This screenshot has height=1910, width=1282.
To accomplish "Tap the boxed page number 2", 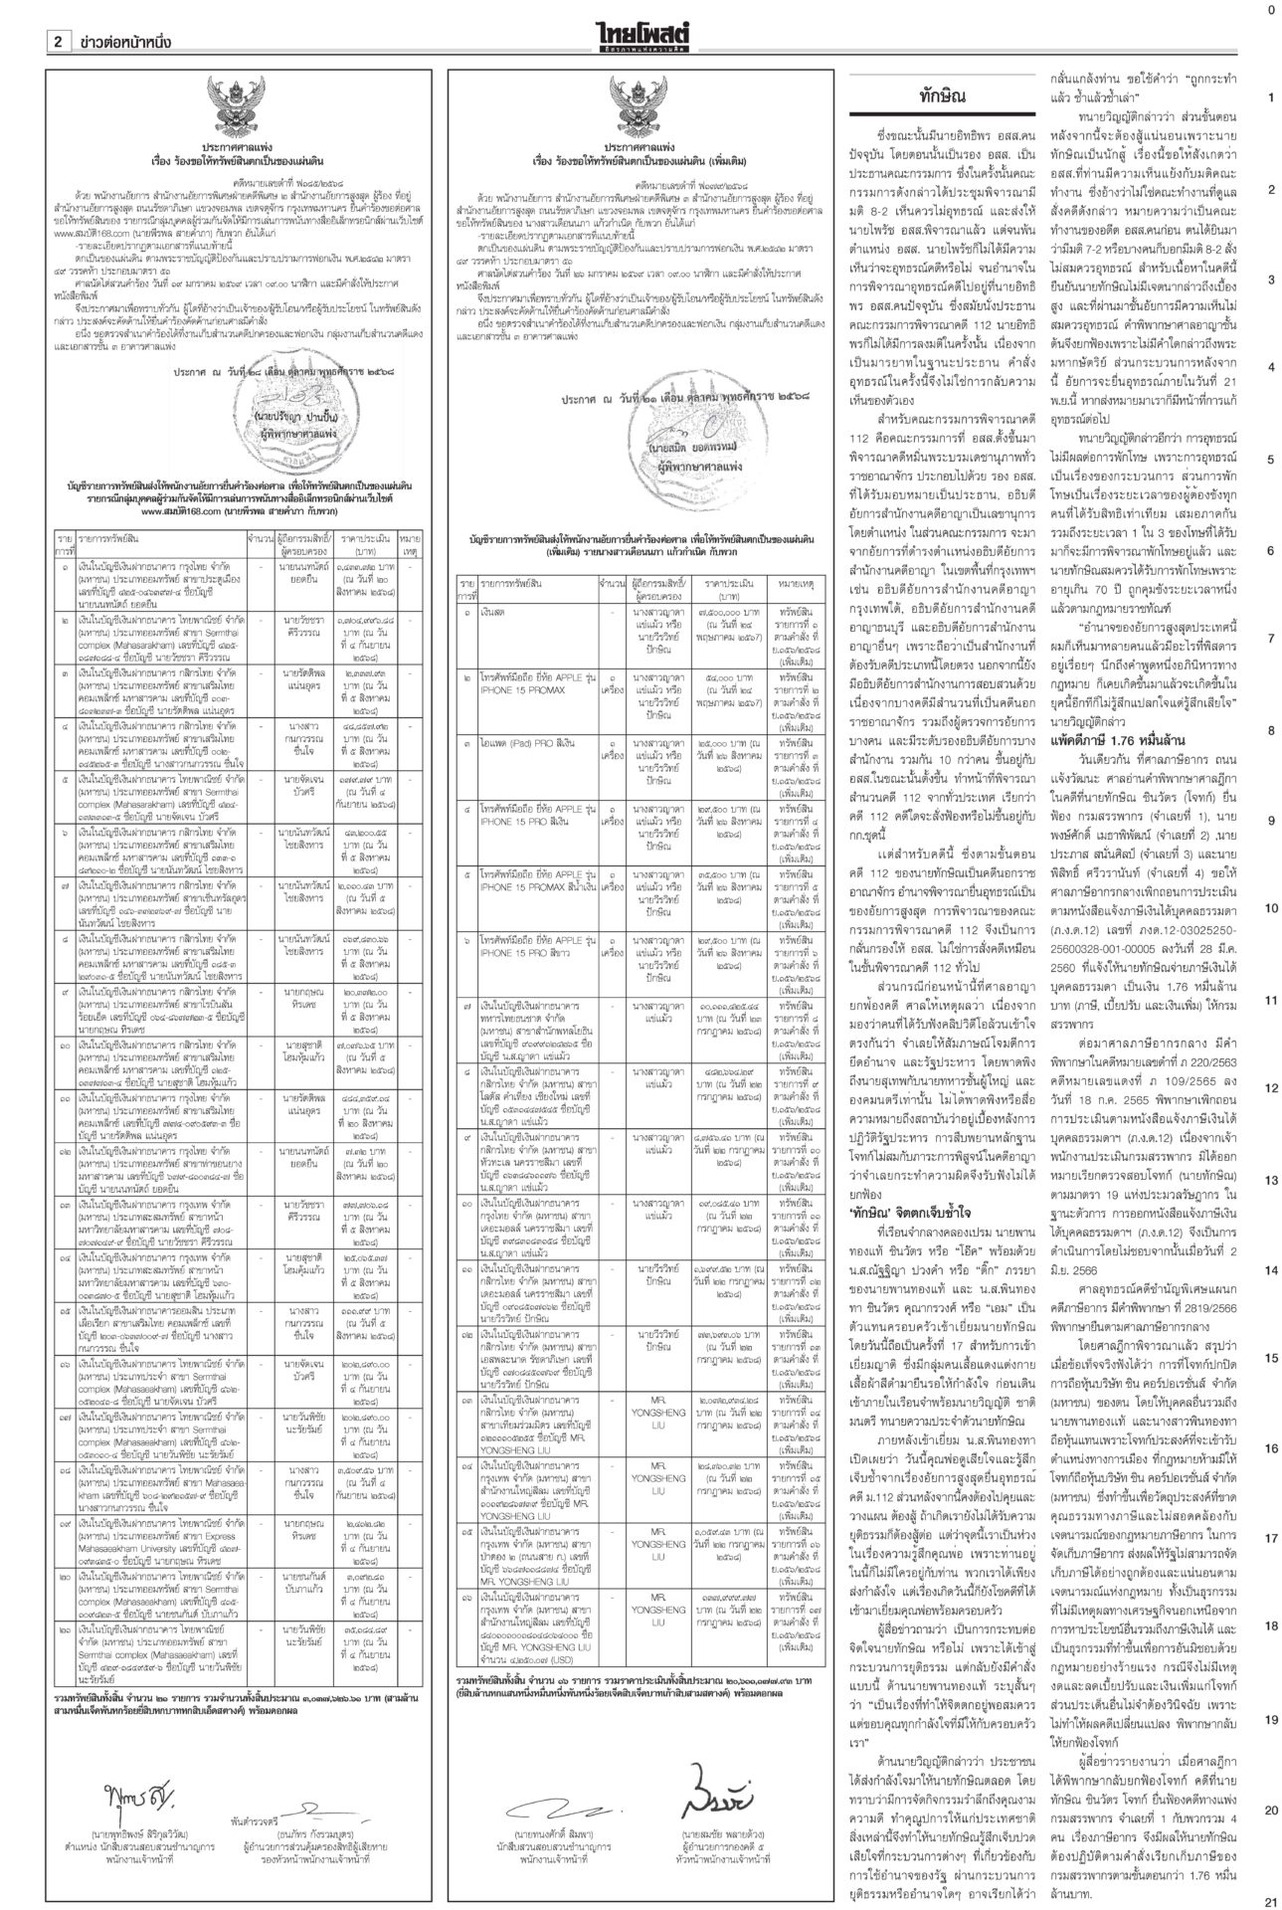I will coord(58,42).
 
